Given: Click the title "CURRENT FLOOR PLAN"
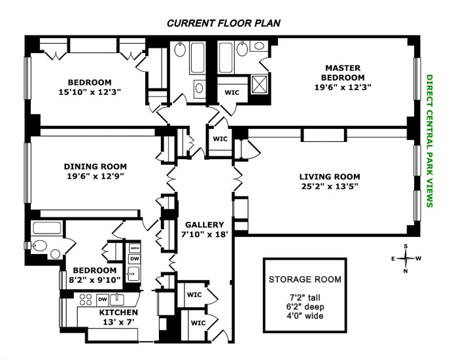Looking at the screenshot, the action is (224, 23).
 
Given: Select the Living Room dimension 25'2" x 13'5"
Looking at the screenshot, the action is (330, 187).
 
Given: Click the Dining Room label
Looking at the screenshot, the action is (96, 166).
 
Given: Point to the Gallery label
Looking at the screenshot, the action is (204, 224).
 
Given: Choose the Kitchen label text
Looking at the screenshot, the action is (118, 312).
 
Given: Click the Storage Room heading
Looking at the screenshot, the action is (305, 279).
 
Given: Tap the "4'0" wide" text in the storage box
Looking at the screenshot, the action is (305, 317).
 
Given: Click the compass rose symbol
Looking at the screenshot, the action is (406, 258).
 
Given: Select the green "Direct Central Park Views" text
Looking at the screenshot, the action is (430, 140).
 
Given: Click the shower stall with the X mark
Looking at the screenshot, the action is (260, 85).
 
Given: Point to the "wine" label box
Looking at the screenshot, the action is (134, 249).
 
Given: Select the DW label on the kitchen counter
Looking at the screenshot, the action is (102, 300).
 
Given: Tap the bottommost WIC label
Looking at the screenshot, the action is (197, 323).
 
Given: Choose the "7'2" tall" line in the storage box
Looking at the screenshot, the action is (305, 298).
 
